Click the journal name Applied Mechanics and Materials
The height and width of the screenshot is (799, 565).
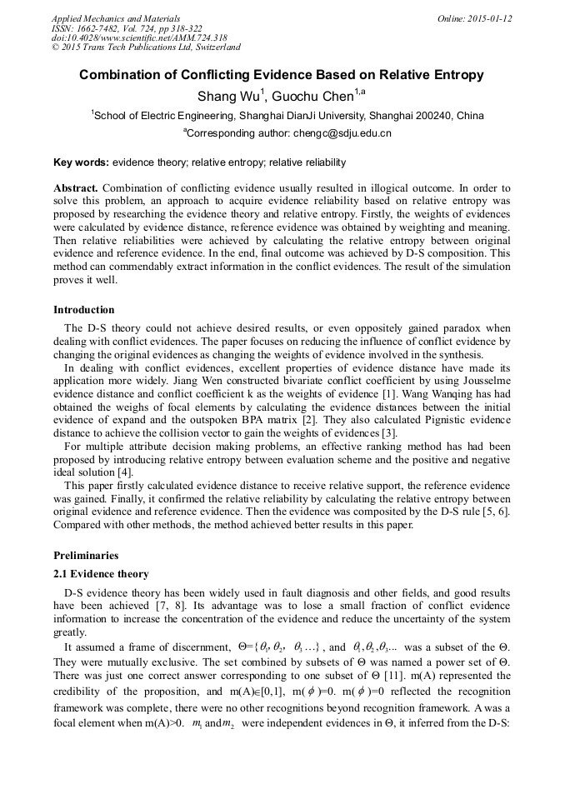click(x=116, y=18)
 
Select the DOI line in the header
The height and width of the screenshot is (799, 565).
click(x=139, y=38)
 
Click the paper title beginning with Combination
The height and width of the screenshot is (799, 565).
click(x=281, y=75)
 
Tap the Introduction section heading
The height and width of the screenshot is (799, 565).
click(x=84, y=310)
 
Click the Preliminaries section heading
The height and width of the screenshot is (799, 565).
click(x=86, y=555)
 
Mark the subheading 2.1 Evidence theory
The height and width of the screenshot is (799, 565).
click(x=101, y=574)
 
